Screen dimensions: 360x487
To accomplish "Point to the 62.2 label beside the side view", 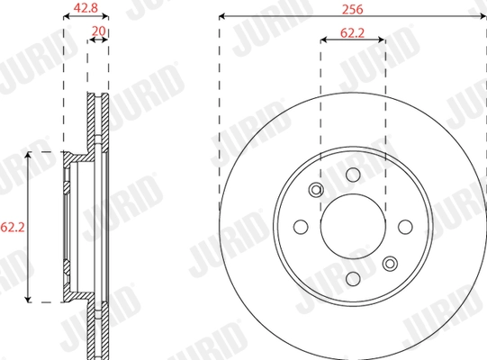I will tap(9, 227).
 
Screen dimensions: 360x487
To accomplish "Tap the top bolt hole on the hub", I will tap(353, 174).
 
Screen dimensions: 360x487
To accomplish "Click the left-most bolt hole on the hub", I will tap(300, 227).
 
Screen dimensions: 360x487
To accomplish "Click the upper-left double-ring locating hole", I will tap(315, 190).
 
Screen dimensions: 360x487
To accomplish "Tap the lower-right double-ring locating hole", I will tap(390, 264).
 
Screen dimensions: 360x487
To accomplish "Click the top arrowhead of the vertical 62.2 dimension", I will tap(29, 155).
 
